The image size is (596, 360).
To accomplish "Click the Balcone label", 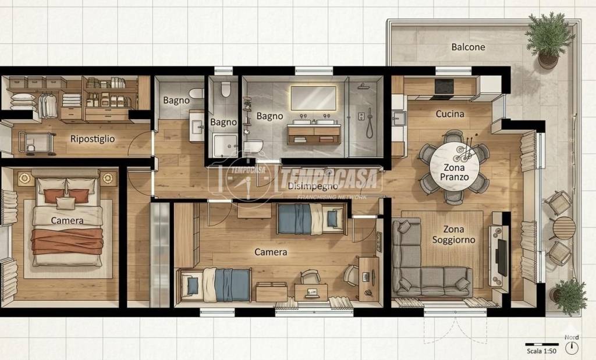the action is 468,47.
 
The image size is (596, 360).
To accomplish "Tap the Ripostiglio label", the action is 93,139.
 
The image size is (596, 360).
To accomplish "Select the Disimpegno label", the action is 313,186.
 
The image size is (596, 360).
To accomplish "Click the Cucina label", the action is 450,113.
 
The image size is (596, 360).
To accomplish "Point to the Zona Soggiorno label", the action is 453,235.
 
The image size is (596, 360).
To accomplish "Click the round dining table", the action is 454,166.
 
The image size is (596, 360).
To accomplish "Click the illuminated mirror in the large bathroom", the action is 313,98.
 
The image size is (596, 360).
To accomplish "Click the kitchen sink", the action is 399,117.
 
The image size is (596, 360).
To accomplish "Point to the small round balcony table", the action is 564,228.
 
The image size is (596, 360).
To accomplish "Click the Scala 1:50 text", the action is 541,351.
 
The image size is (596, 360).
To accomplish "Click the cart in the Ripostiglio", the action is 37,143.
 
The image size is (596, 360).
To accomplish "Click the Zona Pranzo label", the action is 454,172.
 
